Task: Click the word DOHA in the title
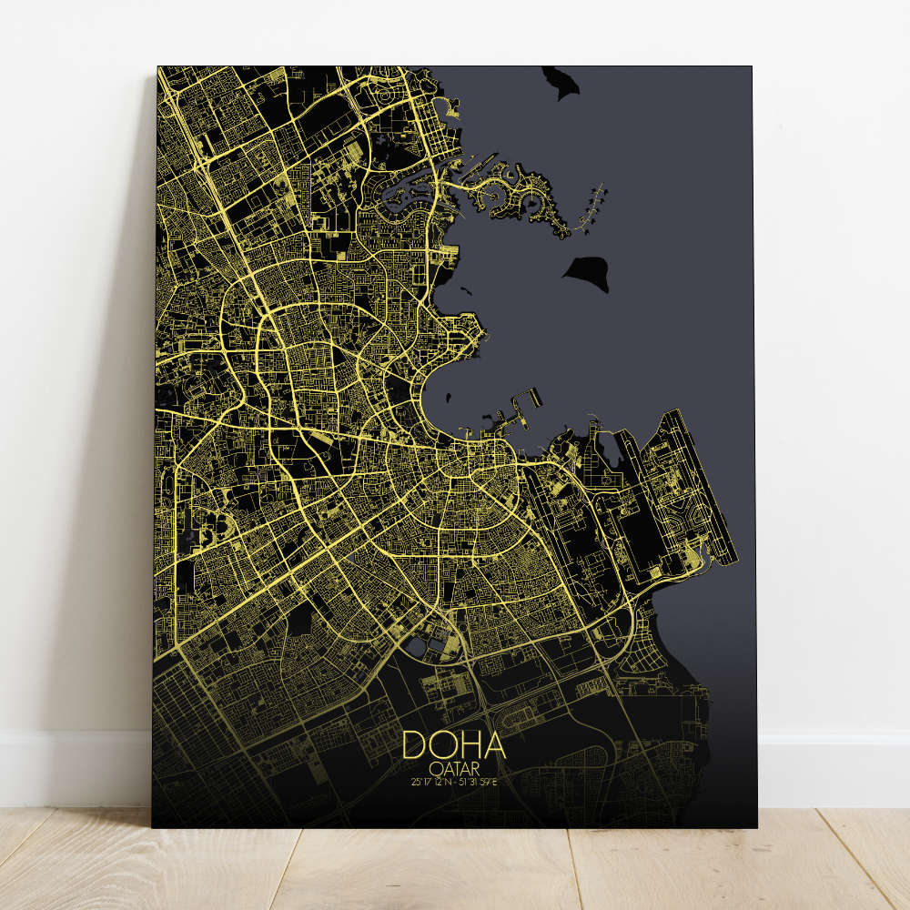pos(453,744)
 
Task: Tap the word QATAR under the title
pos(453,766)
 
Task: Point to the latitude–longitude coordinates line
pos(453,780)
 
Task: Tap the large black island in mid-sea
pos(588,271)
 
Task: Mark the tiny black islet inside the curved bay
pos(449,396)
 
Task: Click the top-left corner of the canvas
pos(158,67)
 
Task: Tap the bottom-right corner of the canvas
pos(754,826)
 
